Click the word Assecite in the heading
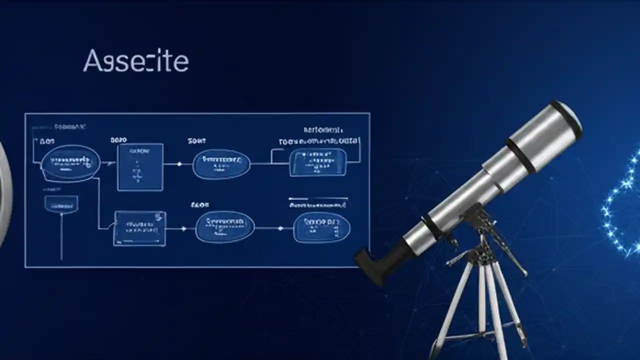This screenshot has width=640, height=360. coord(135,61)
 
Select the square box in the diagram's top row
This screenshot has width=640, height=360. coord(140,167)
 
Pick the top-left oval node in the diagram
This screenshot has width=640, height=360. coord(69,162)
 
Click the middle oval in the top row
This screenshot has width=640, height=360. coord(221,163)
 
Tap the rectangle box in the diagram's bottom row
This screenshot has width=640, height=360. coord(140,228)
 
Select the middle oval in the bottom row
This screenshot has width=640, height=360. coord(224,227)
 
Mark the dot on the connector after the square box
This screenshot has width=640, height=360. coord(179,164)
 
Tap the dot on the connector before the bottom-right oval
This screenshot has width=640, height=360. coord(280,228)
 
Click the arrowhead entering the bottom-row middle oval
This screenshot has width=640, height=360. coord(184,228)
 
